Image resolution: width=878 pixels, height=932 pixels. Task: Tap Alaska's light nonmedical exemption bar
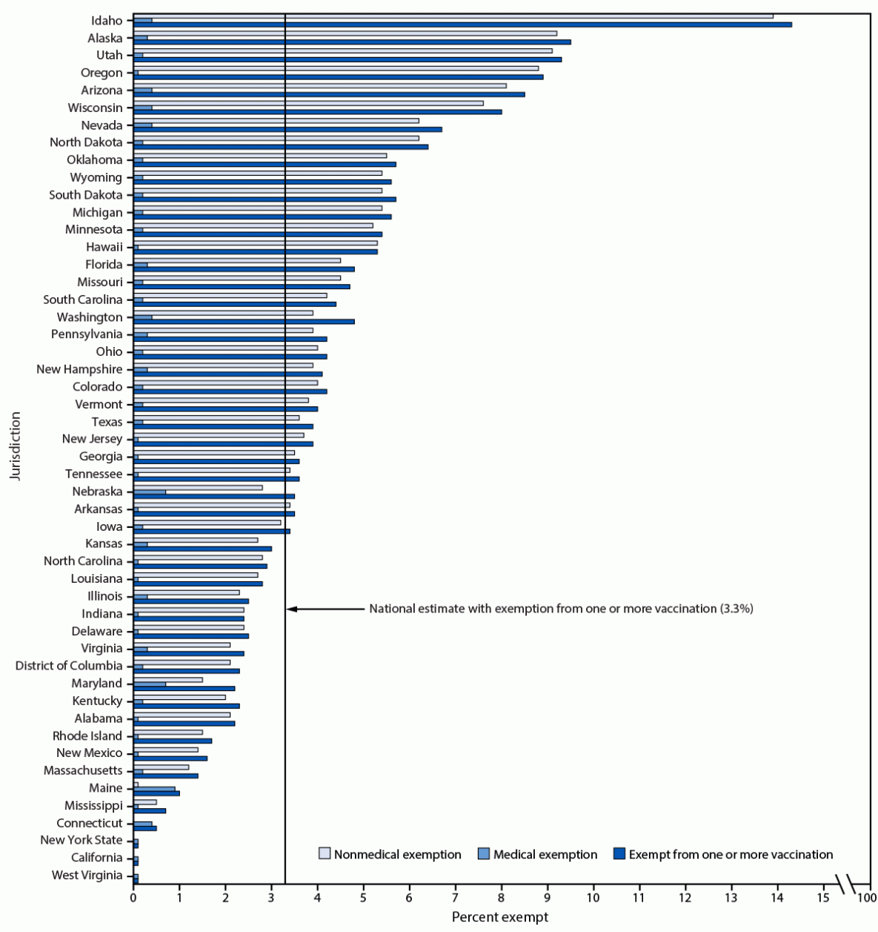[345, 33]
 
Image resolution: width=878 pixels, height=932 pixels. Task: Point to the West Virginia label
[87, 875]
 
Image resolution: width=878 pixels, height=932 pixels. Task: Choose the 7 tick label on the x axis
[456, 899]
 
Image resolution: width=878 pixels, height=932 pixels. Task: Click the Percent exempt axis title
[500, 917]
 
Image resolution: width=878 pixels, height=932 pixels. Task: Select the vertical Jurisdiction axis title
[16, 446]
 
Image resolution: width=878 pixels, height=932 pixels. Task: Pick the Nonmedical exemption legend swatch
[325, 854]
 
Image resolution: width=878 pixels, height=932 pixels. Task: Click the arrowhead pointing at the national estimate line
[292, 609]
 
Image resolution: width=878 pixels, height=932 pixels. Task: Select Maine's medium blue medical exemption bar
[154, 788]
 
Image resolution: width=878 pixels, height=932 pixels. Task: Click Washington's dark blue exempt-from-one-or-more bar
[244, 322]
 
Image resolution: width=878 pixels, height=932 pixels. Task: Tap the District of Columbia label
[69, 666]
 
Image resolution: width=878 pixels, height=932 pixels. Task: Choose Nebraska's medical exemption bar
[150, 492]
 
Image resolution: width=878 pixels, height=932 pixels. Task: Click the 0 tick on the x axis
[133, 899]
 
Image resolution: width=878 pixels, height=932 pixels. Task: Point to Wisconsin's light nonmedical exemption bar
[308, 103]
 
